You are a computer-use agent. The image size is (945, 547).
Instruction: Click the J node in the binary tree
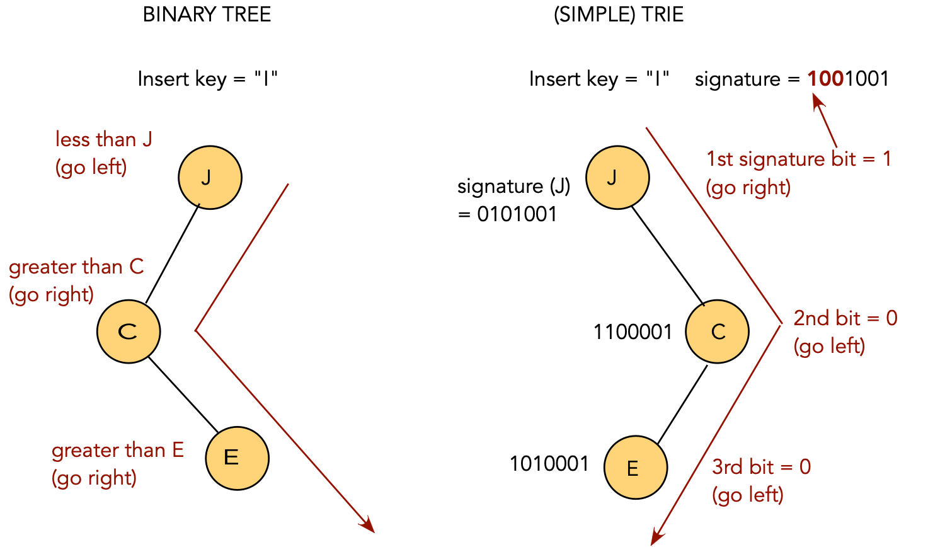point(210,177)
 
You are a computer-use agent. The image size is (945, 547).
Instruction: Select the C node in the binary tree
point(129,331)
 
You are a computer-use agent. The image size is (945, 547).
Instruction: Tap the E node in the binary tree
point(237,458)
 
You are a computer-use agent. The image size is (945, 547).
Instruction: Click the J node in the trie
point(617,177)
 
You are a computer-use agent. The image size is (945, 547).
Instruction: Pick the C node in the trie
point(717,331)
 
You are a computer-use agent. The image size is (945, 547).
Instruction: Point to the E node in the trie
point(635,468)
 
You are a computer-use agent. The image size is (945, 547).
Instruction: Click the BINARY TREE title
point(207,14)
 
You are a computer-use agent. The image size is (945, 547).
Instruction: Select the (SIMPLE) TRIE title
point(618,14)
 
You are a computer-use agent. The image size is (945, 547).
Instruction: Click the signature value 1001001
point(848,79)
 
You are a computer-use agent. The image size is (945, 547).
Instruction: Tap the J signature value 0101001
point(517,214)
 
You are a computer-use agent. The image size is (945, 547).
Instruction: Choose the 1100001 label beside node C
point(633,332)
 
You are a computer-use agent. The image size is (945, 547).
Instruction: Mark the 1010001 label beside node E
point(549,464)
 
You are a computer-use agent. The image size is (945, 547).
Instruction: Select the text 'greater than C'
point(76,267)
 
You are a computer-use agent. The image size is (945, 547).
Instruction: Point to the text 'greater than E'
point(118,451)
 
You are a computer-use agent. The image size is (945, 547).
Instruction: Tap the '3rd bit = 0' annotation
point(761,467)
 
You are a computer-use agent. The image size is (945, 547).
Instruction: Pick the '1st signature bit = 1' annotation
point(798,159)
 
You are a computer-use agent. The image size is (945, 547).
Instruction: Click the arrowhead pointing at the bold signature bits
point(817,100)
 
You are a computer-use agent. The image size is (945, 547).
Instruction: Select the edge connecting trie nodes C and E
point(682,404)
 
